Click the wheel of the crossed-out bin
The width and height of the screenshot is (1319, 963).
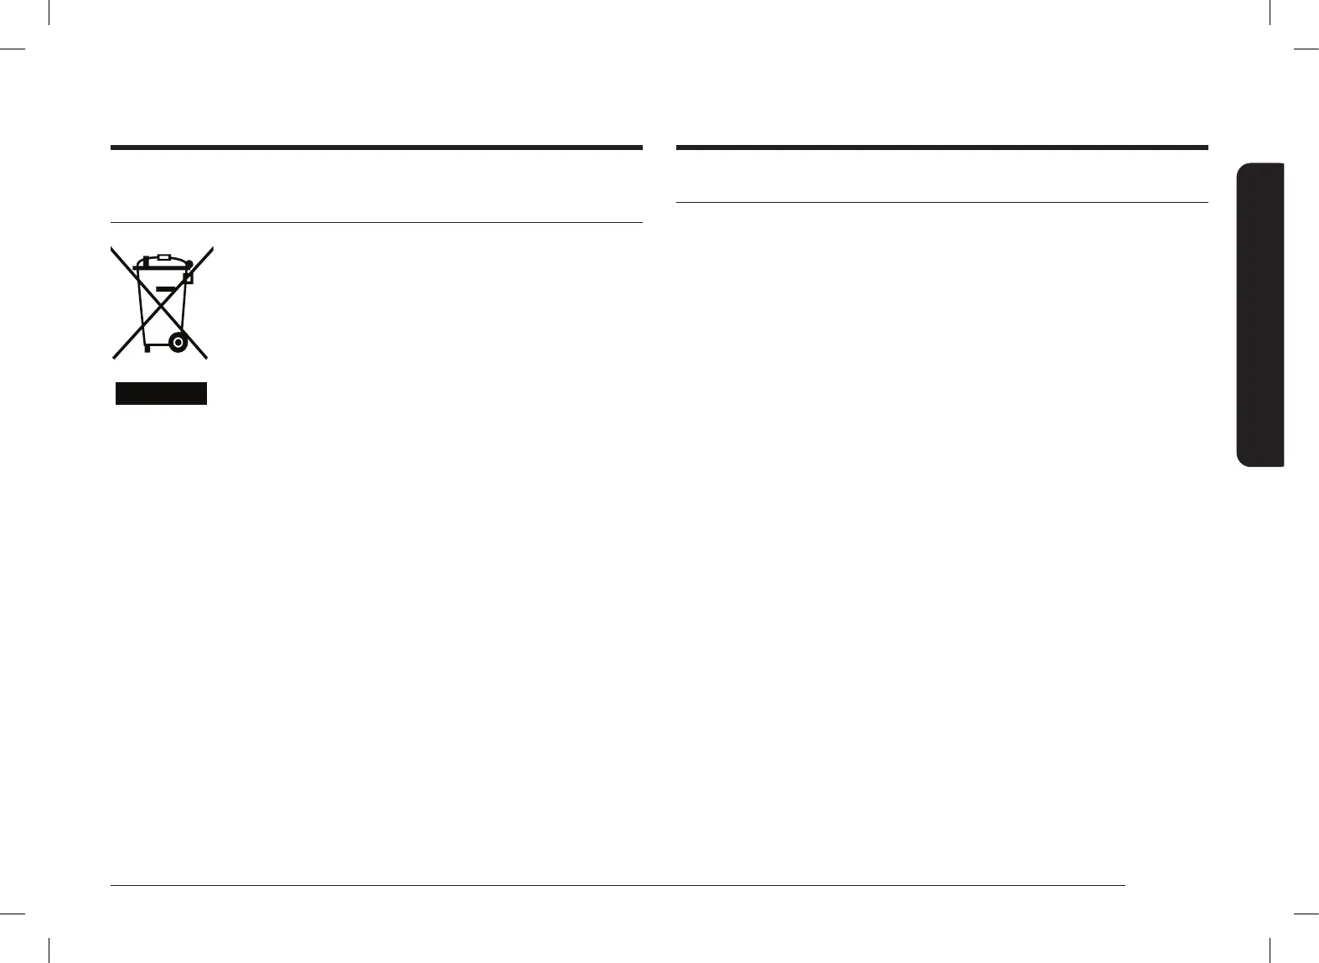pyautogui.click(x=177, y=342)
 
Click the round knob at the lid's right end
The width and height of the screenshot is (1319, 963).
pyautogui.click(x=189, y=263)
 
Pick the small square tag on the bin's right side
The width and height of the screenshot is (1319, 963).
pyautogui.click(x=189, y=277)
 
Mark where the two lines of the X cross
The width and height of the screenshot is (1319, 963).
pyautogui.click(x=163, y=302)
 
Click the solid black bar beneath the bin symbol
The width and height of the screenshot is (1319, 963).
pyautogui.click(x=161, y=393)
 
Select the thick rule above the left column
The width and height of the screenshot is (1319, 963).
pyautogui.click(x=376, y=148)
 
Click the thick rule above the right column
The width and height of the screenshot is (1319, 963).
pyautogui.click(x=941, y=148)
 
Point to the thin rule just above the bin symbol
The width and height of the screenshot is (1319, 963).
pyautogui.click(x=376, y=222)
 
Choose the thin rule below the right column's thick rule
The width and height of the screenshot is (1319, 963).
pyautogui.click(x=941, y=202)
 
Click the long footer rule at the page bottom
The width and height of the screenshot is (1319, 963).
pyautogui.click(x=618, y=885)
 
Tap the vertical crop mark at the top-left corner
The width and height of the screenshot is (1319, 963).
pyautogui.click(x=50, y=13)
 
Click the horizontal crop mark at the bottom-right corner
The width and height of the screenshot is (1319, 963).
pyautogui.click(x=1306, y=914)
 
